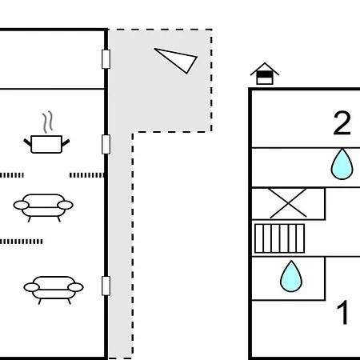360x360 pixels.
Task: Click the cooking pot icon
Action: [46, 145]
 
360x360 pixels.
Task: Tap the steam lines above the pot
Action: [47, 122]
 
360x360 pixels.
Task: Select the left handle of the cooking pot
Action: [27, 142]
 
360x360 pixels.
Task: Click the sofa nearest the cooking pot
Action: [43, 207]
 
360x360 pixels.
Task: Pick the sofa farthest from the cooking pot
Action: [54, 290]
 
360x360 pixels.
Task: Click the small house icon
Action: [265, 74]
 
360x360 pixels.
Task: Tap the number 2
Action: [342, 123]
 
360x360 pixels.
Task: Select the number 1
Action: [343, 312]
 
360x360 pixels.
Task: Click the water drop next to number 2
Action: [342, 164]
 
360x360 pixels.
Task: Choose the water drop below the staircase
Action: [291, 277]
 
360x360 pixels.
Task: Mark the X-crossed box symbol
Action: [288, 203]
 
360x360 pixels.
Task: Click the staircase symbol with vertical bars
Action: [279, 238]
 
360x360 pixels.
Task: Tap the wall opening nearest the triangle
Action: [106, 59]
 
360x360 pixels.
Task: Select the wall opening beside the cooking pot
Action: [106, 145]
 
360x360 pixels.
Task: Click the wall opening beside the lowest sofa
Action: [106, 286]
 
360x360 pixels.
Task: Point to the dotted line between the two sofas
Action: [22, 242]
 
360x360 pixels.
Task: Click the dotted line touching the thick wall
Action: [86, 175]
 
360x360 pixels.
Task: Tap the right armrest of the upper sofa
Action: [66, 205]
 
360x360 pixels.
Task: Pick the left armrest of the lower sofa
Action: [31, 287]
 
